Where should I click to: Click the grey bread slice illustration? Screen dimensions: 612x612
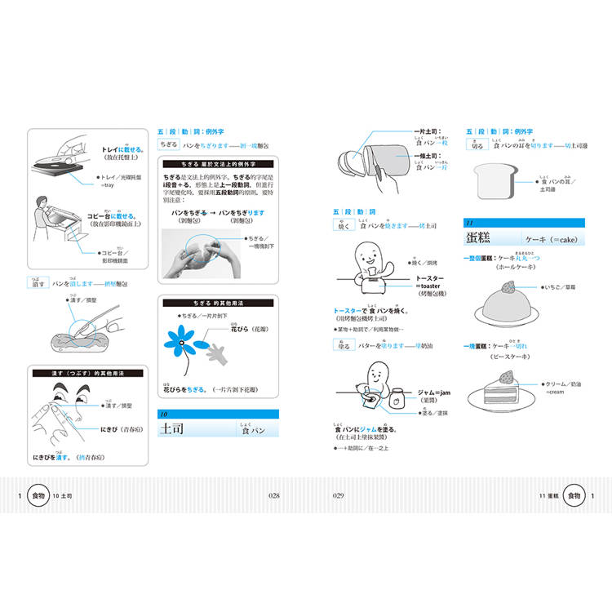pyautogui.click(x=491, y=180)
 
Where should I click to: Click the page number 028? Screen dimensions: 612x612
pyautogui.click(x=274, y=495)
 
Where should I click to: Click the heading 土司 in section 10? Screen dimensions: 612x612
pyautogui.click(x=174, y=428)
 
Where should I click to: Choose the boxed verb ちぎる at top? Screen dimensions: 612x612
pyautogui.click(x=168, y=144)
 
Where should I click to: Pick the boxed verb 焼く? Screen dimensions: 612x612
pyautogui.click(x=344, y=226)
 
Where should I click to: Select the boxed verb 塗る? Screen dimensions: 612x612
pyautogui.click(x=343, y=346)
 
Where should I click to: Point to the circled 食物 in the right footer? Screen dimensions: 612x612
pyautogui.click(x=574, y=495)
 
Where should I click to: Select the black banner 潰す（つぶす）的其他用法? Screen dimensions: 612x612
pyautogui.click(x=86, y=373)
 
